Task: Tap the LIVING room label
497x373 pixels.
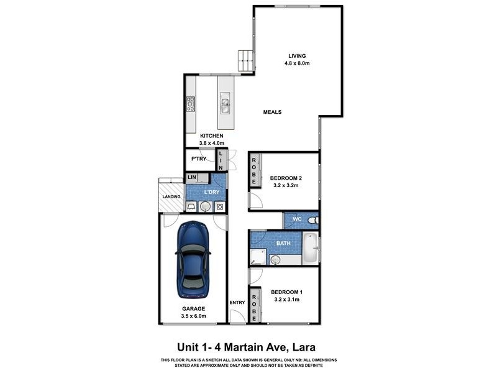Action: [x=297, y=55]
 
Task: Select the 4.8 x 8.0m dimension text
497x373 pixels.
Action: [x=297, y=63]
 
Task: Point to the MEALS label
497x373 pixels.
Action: [x=272, y=113]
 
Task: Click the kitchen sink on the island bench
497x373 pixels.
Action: [x=224, y=104]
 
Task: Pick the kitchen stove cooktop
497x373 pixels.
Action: [x=191, y=104]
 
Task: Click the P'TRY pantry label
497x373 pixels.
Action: [x=199, y=159]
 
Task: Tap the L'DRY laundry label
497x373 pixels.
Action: [x=212, y=192]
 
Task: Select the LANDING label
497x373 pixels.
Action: [x=171, y=197]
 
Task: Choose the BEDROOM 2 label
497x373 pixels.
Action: [x=286, y=178]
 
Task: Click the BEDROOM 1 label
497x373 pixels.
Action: [x=286, y=292]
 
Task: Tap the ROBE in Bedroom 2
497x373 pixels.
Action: [x=253, y=170]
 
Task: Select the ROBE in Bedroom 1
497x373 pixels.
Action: [x=253, y=305]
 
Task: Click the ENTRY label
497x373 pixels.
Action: [x=237, y=303]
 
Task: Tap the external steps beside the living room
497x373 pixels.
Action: [x=245, y=60]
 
